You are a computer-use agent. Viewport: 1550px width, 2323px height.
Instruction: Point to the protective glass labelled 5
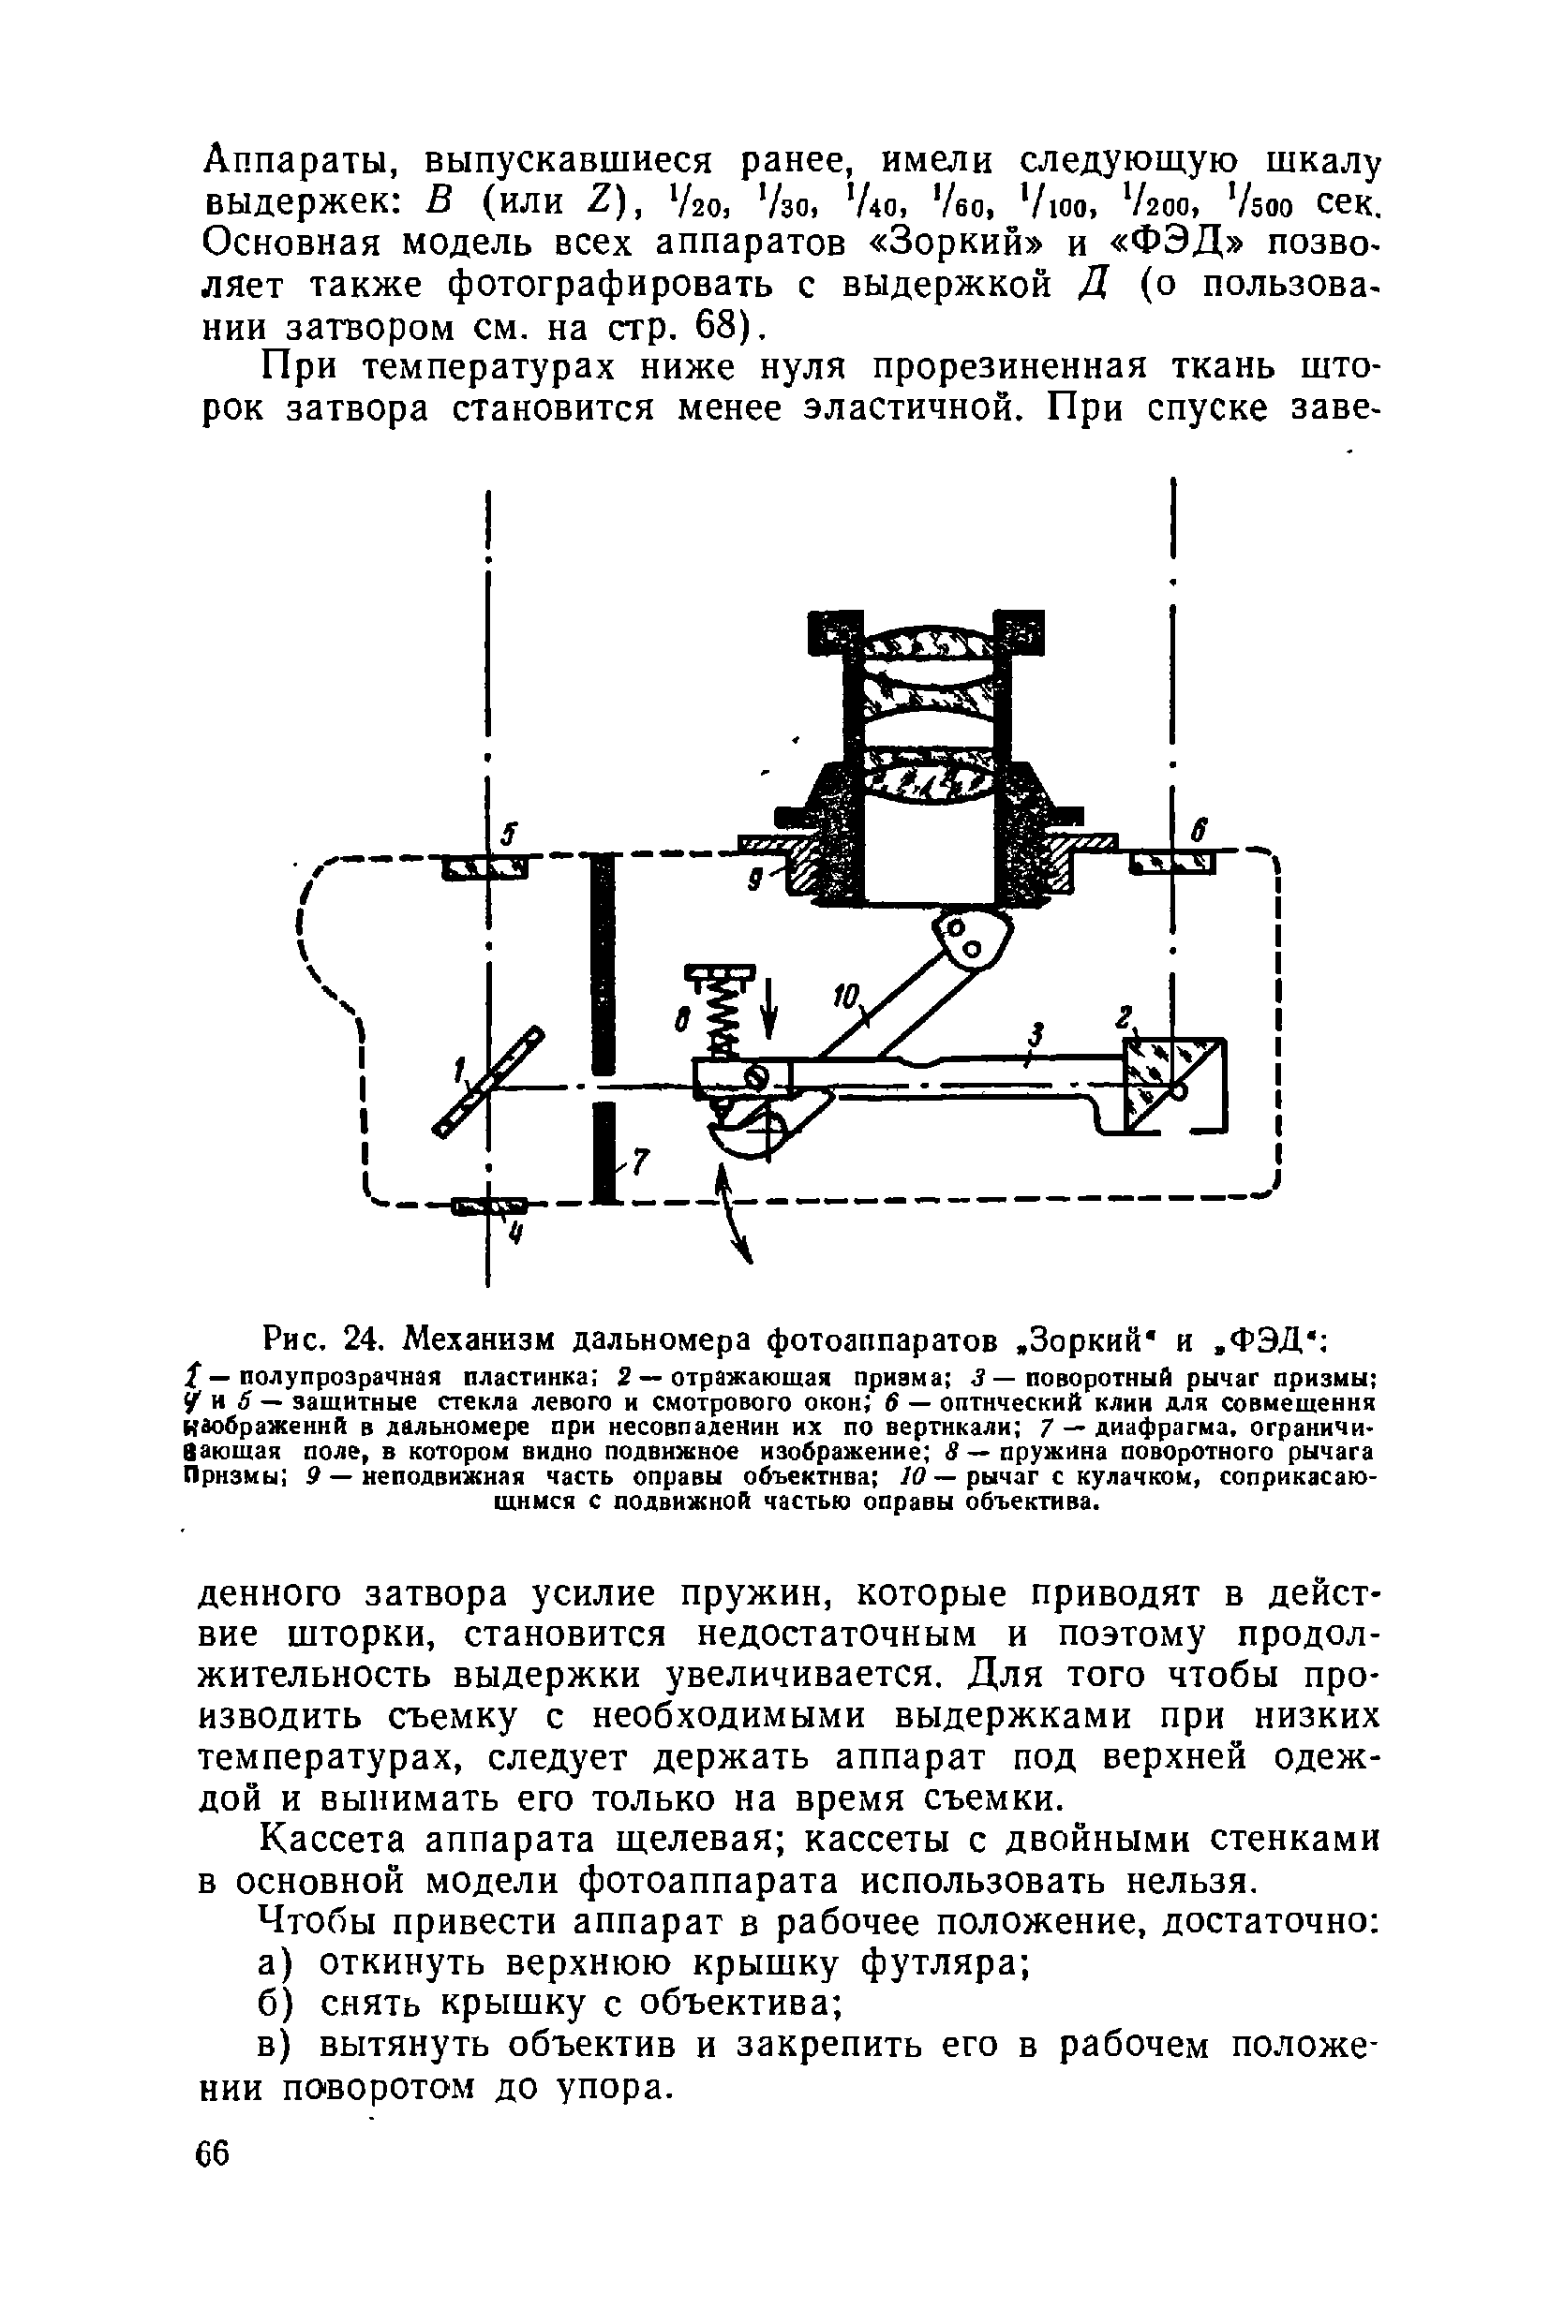[x=485, y=866]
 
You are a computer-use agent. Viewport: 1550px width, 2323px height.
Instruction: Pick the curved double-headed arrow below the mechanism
[x=736, y=1214]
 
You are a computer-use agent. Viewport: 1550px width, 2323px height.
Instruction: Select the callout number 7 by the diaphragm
[x=638, y=1164]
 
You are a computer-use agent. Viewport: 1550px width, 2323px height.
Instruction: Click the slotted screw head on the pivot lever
[x=761, y=1075]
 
